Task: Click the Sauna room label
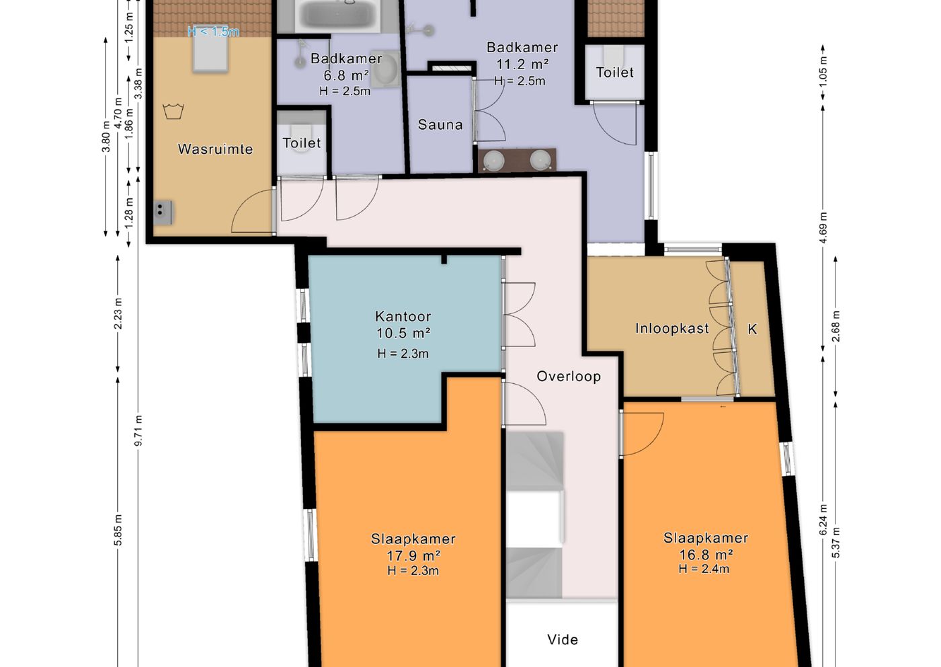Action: click(x=440, y=124)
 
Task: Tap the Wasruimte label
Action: click(x=215, y=149)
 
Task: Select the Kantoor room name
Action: click(x=403, y=316)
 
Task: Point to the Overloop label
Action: click(x=569, y=376)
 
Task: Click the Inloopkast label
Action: click(x=672, y=328)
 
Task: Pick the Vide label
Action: click(x=563, y=639)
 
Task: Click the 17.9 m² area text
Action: click(x=413, y=555)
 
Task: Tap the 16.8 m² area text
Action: click(x=706, y=555)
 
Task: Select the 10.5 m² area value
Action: click(x=403, y=333)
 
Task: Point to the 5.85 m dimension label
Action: click(x=118, y=530)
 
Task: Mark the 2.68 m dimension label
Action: click(x=835, y=326)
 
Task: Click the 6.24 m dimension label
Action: click(x=823, y=520)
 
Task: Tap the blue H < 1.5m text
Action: click(x=214, y=31)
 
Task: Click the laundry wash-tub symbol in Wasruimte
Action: click(x=173, y=111)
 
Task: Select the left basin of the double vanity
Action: click(x=493, y=160)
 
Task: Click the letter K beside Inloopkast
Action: click(x=752, y=329)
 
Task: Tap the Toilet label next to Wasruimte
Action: click(x=302, y=143)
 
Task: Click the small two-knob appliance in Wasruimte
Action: click(x=163, y=212)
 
